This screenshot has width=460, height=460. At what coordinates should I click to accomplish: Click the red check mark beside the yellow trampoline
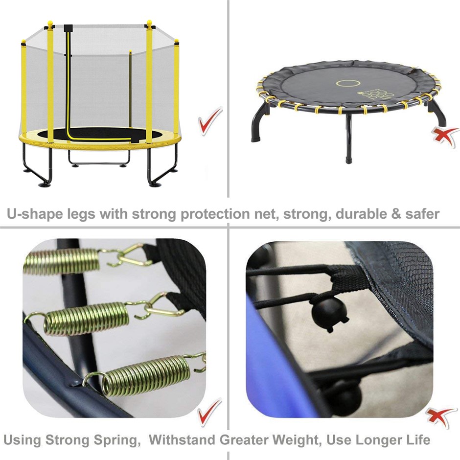[210, 121]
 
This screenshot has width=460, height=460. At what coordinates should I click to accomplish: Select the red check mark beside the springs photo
[209, 412]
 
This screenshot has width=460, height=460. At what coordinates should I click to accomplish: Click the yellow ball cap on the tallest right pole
[149, 23]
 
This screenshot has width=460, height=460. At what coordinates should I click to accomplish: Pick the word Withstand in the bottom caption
[182, 440]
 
